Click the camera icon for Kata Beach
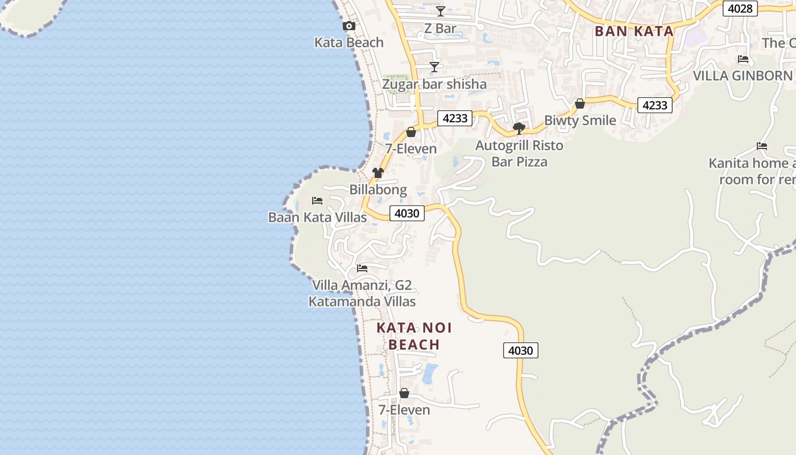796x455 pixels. coord(349,26)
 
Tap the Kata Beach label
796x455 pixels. coord(349,43)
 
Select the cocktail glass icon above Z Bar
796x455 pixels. coord(441,11)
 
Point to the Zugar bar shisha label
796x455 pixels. coord(434,85)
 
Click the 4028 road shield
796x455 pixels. coord(740,8)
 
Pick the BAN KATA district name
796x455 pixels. coord(634,31)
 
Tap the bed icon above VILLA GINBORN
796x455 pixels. coord(743,59)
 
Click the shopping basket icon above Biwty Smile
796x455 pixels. coord(580,104)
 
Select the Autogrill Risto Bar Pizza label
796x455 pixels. coord(519,154)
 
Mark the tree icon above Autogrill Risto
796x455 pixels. coord(519,128)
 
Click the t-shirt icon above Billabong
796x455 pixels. coord(378,172)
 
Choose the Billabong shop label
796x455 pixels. coord(378,190)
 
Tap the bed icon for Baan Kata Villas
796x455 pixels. coord(317,201)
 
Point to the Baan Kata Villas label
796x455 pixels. coord(317,217)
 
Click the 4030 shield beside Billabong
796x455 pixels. coord(407,213)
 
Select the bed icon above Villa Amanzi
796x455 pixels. coord(362,268)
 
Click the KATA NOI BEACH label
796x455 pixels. coord(414,336)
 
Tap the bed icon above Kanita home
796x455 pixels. coord(762,146)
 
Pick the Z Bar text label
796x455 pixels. coord(441,28)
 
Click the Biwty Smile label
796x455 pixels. coord(580,121)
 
